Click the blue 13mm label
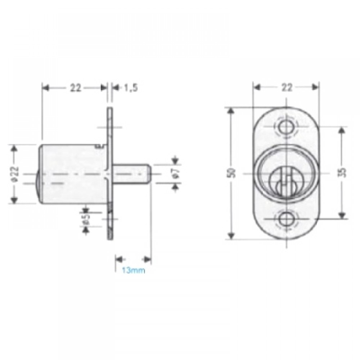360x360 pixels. coord(133,270)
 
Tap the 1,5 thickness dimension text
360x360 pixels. coord(131,87)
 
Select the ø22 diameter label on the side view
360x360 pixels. coord(15,174)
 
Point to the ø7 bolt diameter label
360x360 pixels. coord(175,174)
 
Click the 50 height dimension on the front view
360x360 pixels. coord(232,173)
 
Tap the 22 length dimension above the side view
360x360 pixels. coord(76,87)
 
